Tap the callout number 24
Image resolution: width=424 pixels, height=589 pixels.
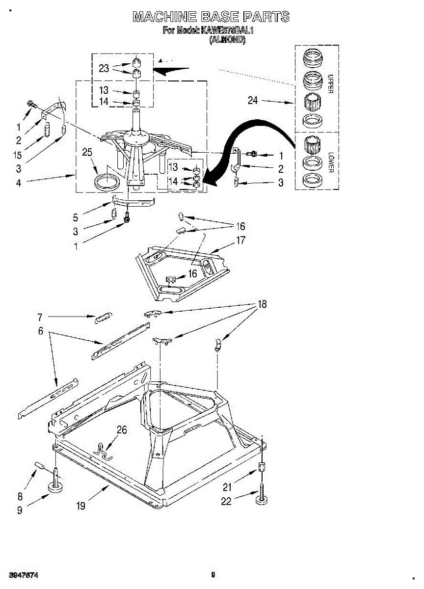point(253,101)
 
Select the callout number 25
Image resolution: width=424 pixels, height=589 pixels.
point(87,153)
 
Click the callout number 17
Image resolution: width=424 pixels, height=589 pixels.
point(241,241)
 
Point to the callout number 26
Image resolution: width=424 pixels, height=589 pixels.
point(122,430)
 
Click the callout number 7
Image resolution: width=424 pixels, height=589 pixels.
point(40,317)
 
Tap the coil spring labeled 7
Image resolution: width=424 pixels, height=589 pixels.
point(104,317)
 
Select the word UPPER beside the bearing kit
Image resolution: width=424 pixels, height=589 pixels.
point(330,83)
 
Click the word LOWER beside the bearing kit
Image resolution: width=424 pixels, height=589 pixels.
point(330,161)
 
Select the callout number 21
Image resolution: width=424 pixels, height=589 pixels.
point(227,487)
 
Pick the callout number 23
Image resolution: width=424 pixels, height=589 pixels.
point(104,69)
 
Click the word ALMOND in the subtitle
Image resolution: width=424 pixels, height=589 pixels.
point(227,40)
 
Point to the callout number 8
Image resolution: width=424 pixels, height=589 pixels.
point(20,496)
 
